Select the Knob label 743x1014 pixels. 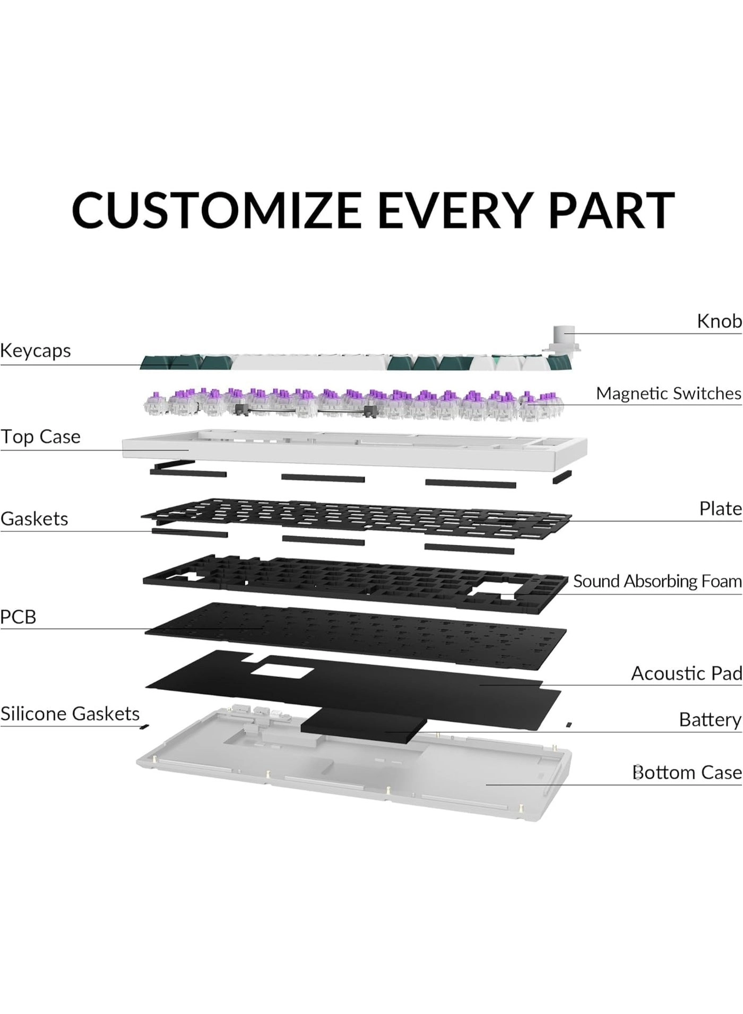719,321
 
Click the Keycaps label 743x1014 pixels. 35,351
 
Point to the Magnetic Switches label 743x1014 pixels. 668,393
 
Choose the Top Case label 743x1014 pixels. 40,437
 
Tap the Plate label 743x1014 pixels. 720,508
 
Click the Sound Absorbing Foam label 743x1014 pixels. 657,581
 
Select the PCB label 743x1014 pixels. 18,617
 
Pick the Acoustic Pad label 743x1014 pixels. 686,673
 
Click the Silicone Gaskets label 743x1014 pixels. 70,713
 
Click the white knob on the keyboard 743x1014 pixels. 563,336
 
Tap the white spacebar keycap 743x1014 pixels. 310,363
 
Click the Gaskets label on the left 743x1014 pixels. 34,518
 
